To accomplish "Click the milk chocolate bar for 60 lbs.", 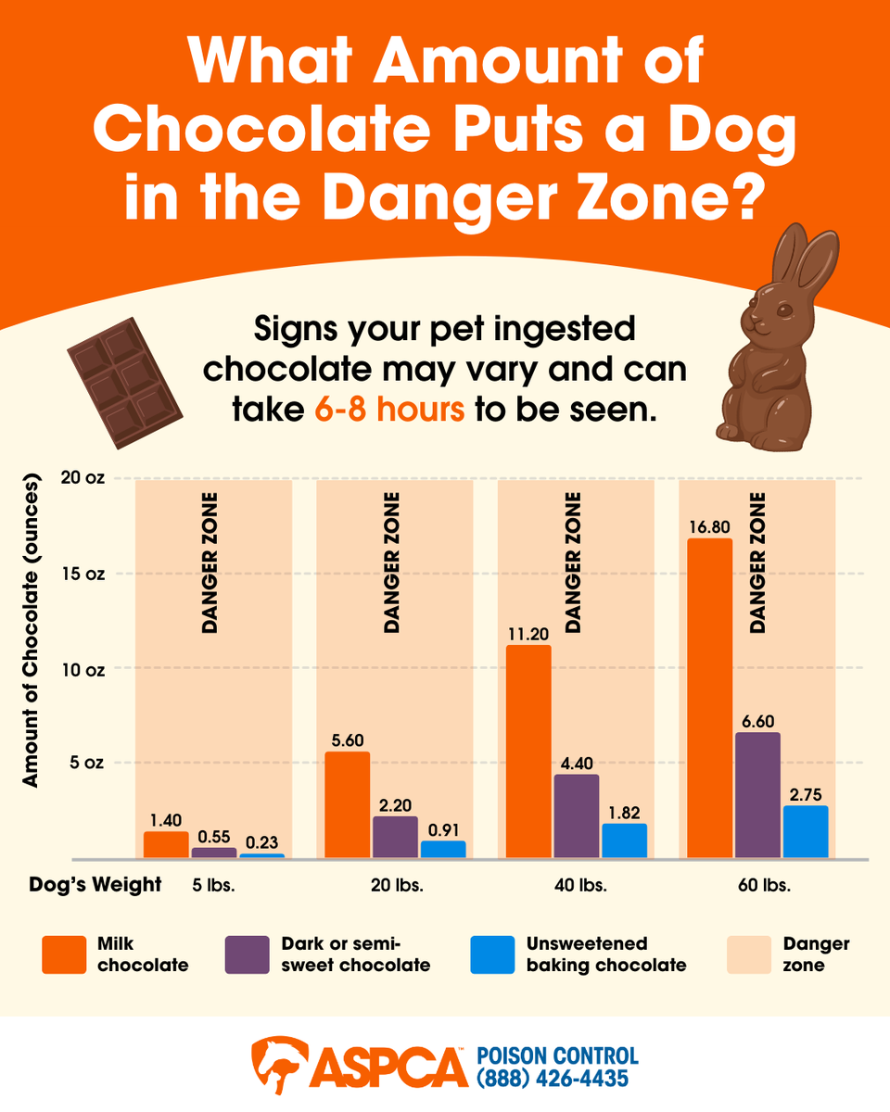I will (709, 698).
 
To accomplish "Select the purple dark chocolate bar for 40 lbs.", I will (577, 815).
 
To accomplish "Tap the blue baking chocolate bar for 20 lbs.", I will (443, 849).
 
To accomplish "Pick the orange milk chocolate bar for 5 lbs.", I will (166, 844).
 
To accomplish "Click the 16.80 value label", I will (709, 527).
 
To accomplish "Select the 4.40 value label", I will (577, 762).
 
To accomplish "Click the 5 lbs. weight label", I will (215, 885).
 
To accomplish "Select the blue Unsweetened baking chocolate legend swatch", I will (492, 954).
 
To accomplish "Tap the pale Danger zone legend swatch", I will (744, 954).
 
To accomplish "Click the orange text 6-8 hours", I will (388, 409).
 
